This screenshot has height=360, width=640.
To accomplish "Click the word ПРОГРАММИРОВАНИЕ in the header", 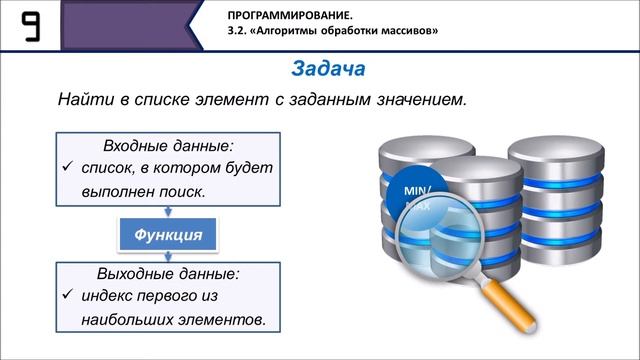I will point(281,16).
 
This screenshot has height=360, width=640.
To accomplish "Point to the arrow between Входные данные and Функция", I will point(164,211).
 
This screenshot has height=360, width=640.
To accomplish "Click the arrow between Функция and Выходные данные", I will point(164,259).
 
